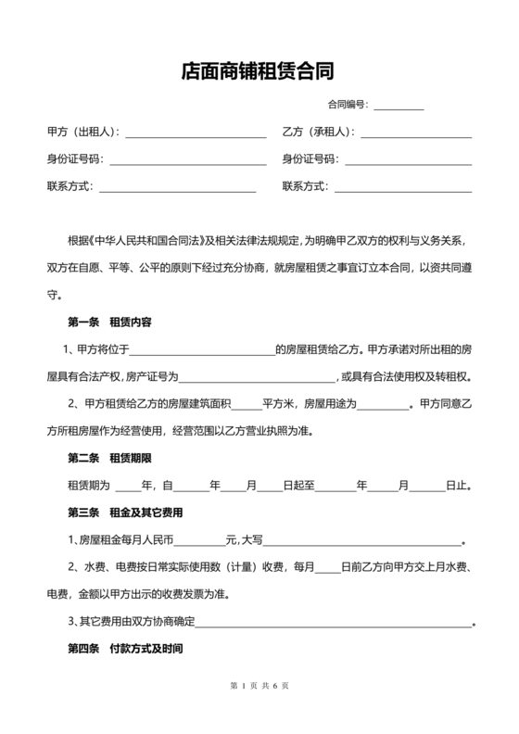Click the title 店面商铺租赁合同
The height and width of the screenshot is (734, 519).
pyautogui.click(x=259, y=72)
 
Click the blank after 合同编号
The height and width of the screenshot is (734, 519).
pyautogui.click(x=399, y=105)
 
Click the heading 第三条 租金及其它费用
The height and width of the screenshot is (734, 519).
pyautogui.click(x=125, y=512)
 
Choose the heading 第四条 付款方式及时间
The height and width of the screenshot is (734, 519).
pyautogui.click(x=125, y=649)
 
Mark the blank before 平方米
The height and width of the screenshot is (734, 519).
pyautogui.click(x=245, y=405)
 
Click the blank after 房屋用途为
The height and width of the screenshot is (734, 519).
pyautogui.click(x=382, y=405)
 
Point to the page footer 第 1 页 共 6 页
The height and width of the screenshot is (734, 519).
pyautogui.click(x=259, y=686)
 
